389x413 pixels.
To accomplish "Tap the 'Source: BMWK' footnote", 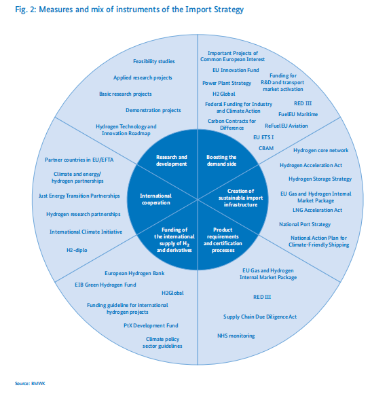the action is click(30, 384).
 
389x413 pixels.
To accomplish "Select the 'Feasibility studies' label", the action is click(154, 61).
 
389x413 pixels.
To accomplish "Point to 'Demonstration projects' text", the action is click(153, 110).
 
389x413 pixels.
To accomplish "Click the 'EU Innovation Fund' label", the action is click(236, 70).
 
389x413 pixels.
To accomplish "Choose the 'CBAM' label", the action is click(266, 148).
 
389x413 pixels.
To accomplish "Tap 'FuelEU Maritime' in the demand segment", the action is click(298, 114).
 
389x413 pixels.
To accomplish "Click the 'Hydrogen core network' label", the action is click(321, 150).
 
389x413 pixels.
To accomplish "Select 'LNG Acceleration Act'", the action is click(318, 210).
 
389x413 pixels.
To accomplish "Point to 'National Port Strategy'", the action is click(305, 224).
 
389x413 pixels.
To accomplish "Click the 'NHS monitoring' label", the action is click(236, 336).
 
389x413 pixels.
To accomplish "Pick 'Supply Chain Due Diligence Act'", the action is click(260, 317).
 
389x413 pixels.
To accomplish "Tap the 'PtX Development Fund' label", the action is click(151, 325).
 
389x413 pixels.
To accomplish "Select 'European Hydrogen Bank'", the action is click(134, 273).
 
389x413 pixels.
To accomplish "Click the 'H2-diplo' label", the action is click(77, 250).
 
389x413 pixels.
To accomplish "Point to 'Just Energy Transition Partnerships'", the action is click(79, 196).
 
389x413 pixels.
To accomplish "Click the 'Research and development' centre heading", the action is click(172, 160).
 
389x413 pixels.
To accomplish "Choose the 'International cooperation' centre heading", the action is click(156, 199).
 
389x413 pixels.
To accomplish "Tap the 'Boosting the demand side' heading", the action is click(221, 160).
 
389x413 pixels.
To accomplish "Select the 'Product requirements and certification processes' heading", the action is click(223, 240).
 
